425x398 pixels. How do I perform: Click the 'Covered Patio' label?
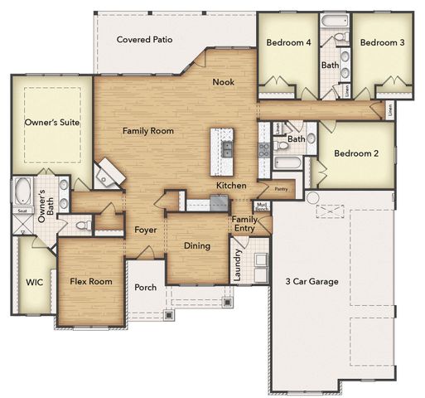point(144,39)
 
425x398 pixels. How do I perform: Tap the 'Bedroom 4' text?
point(289,42)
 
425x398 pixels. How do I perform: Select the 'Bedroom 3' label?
point(381,42)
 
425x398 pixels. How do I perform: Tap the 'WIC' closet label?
point(34,281)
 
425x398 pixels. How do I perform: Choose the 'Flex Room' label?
point(90,281)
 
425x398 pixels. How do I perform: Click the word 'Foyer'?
point(146,230)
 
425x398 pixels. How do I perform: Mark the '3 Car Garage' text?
point(312,282)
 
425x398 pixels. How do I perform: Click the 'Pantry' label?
point(281,189)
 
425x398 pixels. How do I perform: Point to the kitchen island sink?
point(226,149)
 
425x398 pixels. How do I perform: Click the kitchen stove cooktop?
point(264,149)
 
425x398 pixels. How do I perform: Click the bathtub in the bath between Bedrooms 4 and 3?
point(330,21)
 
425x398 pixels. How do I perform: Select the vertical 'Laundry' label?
point(238,265)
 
